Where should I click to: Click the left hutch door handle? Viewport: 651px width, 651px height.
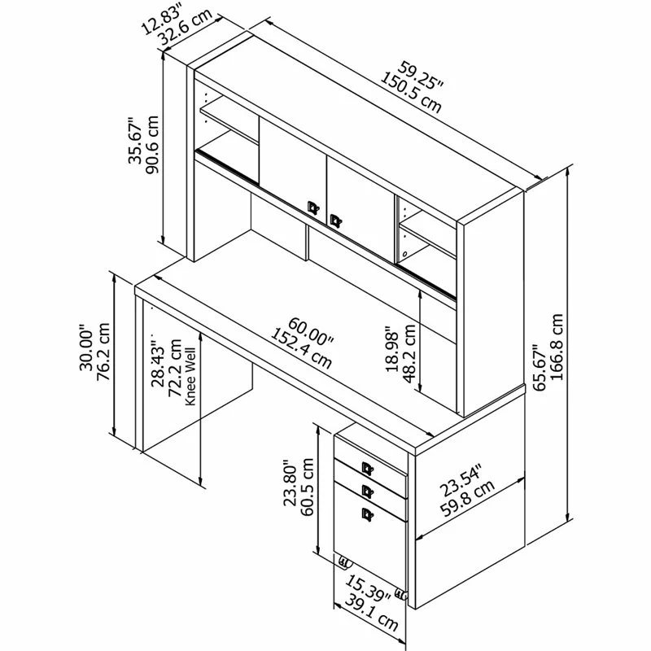click(x=312, y=208)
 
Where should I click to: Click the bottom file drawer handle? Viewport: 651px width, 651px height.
click(x=367, y=512)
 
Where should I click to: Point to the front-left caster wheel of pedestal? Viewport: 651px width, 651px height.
click(x=343, y=561)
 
